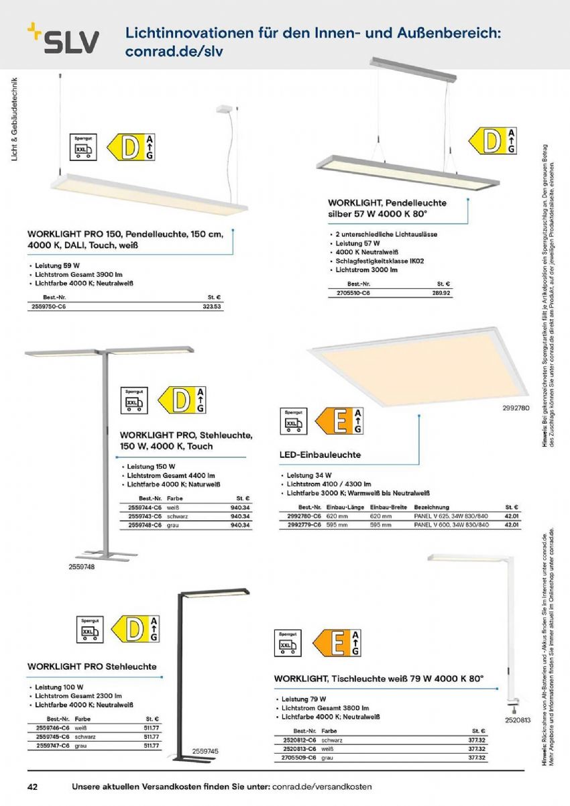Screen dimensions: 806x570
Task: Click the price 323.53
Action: (x=211, y=306)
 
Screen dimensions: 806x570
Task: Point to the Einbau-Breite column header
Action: (x=388, y=508)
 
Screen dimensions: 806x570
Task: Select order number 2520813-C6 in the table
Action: (x=299, y=748)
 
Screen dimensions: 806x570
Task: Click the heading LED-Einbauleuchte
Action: (x=320, y=455)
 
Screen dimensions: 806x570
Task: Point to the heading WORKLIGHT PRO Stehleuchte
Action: (x=92, y=667)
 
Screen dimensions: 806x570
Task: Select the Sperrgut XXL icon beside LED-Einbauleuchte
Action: (x=292, y=422)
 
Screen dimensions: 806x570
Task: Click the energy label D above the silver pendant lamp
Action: (x=492, y=141)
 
